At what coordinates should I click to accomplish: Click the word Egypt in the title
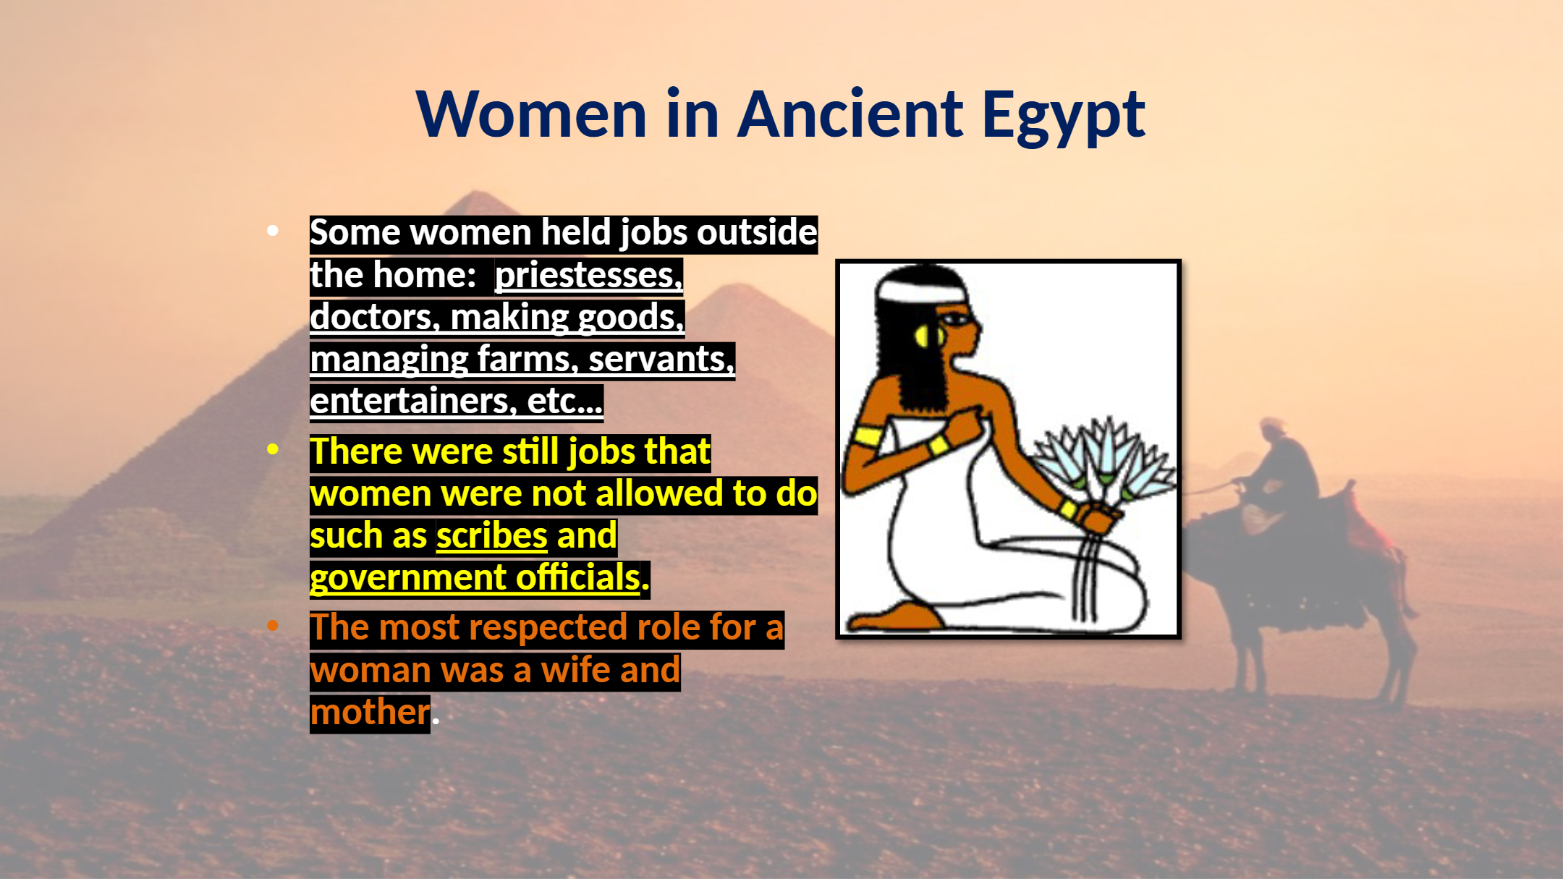(1063, 115)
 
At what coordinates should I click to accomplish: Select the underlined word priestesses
(589, 275)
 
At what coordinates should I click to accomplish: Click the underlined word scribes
(492, 535)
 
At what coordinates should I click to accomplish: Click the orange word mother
(370, 712)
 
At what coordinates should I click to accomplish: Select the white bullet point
(273, 231)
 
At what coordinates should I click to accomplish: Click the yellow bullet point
(273, 449)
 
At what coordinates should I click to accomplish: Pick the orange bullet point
(273, 625)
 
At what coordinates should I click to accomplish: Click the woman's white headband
(921, 292)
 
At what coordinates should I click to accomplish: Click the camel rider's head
(1271, 427)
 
